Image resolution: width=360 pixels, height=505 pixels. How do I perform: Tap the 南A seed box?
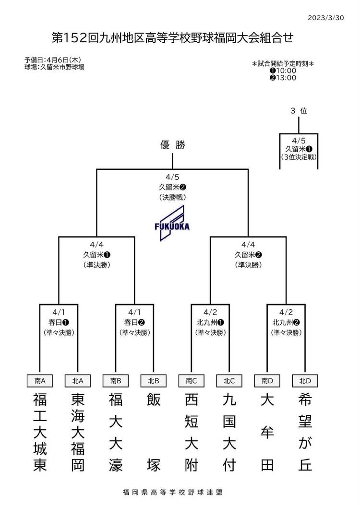tap(40, 381)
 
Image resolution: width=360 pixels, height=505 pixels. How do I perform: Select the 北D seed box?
tap(305, 381)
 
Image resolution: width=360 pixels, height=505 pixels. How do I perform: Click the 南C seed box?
tap(192, 381)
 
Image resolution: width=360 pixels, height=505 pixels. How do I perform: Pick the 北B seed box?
tap(154, 381)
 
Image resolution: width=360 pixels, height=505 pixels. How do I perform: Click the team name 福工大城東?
tap(40, 432)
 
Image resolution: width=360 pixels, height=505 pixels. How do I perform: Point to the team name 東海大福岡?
tap(78, 432)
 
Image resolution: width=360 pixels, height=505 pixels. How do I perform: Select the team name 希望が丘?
tap(305, 432)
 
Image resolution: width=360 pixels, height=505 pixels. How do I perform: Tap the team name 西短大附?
tap(192, 432)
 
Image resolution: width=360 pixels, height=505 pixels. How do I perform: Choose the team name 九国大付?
tap(229, 432)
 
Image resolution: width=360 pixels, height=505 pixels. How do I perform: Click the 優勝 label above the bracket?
tap(172, 145)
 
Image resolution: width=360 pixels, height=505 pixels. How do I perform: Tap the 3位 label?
tap(299, 111)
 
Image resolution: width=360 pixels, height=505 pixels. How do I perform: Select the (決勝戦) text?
tap(172, 197)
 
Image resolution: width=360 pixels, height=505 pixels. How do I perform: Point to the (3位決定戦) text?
tap(299, 157)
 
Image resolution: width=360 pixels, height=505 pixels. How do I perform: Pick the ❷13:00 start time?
tap(283, 78)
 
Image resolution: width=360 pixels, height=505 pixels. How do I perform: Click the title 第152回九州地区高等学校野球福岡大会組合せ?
tap(172, 37)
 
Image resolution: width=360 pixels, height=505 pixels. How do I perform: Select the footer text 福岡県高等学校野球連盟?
tap(172, 492)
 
